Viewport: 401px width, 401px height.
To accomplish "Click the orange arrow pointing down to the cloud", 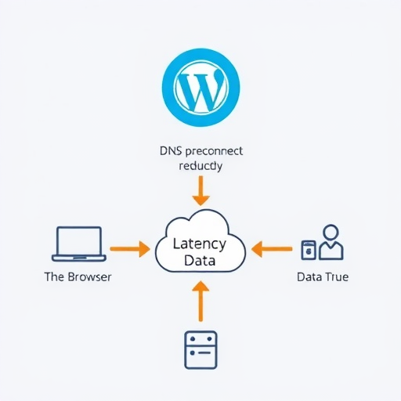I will (200, 190).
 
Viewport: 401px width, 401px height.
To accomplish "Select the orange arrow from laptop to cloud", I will (130, 250).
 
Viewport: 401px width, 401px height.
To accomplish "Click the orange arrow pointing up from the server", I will (200, 302).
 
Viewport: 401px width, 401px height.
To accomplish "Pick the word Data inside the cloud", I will (200, 261).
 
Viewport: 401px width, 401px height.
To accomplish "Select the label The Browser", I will (78, 277).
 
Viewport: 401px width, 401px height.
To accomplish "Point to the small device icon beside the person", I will (309, 250).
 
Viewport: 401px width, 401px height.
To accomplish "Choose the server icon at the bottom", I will (200, 349).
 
